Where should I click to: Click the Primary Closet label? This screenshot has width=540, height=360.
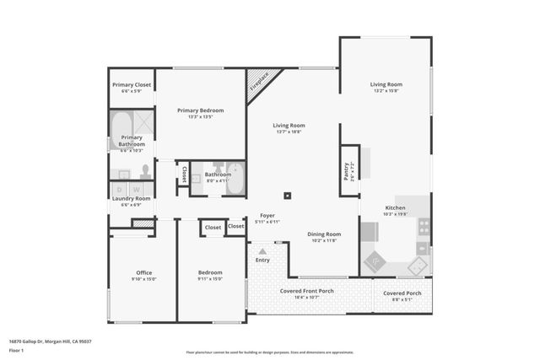(x=132, y=85)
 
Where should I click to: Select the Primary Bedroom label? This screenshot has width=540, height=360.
(x=200, y=110)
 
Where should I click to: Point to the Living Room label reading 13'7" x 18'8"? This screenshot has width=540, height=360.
(x=289, y=126)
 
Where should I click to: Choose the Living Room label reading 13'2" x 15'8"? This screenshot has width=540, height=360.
(x=386, y=84)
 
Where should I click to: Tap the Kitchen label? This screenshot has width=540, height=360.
(x=395, y=207)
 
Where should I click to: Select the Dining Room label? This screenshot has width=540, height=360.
(x=324, y=234)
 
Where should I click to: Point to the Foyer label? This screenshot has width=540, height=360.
(x=267, y=215)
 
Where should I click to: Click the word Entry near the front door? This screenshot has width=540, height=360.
(x=262, y=261)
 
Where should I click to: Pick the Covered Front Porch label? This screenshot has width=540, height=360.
(x=307, y=291)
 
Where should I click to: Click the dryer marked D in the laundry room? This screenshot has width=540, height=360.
(x=121, y=190)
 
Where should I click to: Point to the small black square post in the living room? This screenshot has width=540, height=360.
(x=288, y=195)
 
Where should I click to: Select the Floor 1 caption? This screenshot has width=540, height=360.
(x=16, y=348)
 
